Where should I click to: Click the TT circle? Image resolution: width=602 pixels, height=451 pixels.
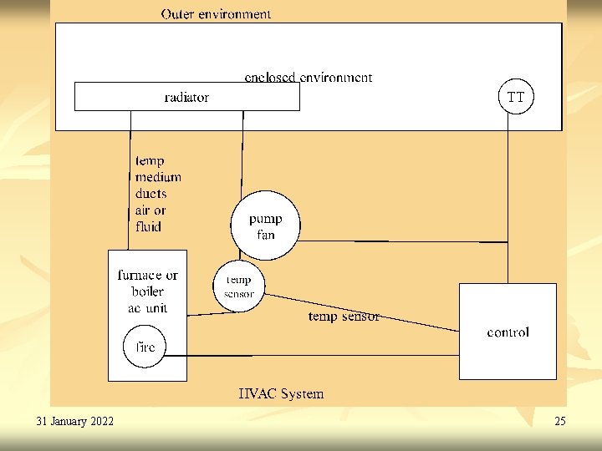pos(516,97)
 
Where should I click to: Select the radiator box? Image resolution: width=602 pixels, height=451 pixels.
pos(186,97)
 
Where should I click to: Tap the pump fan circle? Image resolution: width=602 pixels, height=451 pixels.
pos(265,226)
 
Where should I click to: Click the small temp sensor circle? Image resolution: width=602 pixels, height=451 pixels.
pos(239,286)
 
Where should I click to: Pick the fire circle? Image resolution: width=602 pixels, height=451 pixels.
pos(145,347)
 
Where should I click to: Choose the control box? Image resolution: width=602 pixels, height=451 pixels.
pos(508,332)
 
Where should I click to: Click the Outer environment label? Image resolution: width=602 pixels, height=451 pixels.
pos(216,13)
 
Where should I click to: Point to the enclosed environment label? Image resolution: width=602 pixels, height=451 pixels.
pos(308,77)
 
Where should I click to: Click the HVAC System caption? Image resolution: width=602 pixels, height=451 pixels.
pos(281,393)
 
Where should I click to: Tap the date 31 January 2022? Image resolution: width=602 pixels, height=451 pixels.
pos(75,421)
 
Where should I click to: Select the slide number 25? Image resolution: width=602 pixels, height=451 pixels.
pos(559,421)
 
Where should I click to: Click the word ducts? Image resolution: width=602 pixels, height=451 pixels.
pos(150,194)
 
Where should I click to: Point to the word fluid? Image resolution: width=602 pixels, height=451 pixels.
pos(148,226)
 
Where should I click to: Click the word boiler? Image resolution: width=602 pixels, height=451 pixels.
pos(147,291)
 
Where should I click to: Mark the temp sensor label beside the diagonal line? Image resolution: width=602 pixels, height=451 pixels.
pos(344,317)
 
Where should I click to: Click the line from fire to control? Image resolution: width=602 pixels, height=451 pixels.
pos(318,356)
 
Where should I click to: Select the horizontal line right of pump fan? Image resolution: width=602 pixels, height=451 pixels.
pos(401,241)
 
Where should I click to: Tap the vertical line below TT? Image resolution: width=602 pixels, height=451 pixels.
pos(508,192)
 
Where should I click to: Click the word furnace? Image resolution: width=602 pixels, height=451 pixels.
pos(136,275)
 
